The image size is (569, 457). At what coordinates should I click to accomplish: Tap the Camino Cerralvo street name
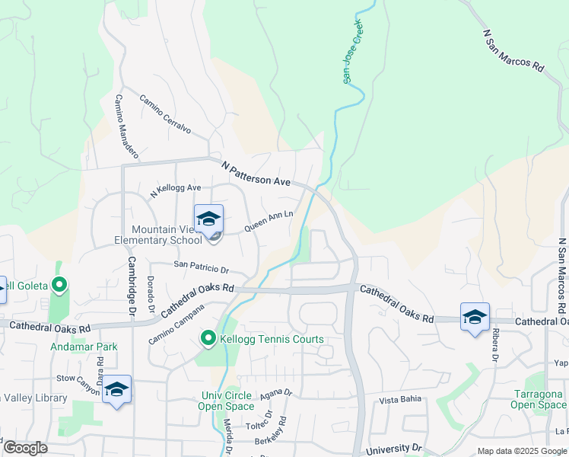pyautogui.click(x=164, y=114)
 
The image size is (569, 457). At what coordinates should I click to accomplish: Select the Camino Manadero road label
pyautogui.click(x=126, y=126)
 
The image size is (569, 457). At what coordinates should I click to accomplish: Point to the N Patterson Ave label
pyautogui.click(x=256, y=174)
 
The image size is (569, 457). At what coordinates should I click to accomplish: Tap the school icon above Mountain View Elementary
pyautogui.click(x=208, y=219)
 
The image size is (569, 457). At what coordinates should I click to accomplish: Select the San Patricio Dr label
pyautogui.click(x=201, y=268)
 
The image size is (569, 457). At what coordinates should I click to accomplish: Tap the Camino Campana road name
pyautogui.click(x=177, y=324)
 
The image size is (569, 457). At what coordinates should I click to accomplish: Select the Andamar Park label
pyautogui.click(x=84, y=347)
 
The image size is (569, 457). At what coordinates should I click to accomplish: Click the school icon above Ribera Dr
pyautogui.click(x=475, y=317)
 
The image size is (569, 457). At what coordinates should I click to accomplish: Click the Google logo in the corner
pyautogui.click(x=24, y=448)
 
